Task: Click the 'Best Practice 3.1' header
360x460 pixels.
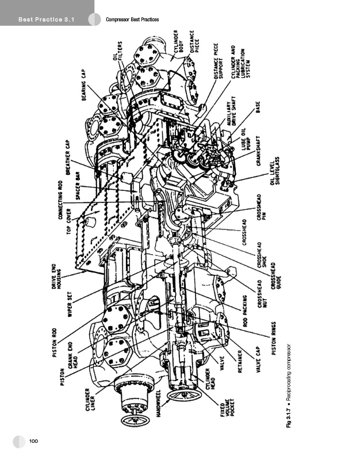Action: point(47,21)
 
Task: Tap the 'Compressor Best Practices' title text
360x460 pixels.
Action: point(132,20)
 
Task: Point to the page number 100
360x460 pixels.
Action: point(33,440)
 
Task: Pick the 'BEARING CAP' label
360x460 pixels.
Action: point(86,86)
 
